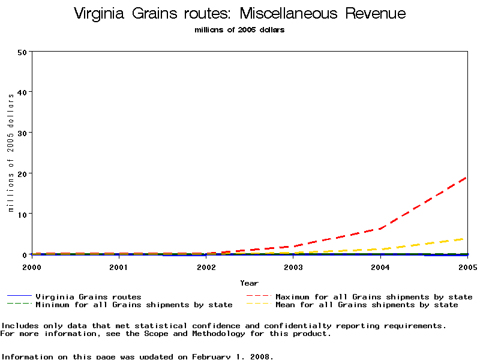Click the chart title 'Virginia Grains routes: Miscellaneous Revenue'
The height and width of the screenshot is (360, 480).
coord(239,14)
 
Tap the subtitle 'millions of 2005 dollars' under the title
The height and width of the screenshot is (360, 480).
coord(239,30)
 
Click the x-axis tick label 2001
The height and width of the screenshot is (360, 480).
coord(119,267)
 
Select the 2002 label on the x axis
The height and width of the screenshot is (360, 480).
coord(206,267)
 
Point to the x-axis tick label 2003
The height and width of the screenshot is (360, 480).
coord(293,267)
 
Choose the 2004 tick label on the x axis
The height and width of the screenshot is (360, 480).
coord(380,267)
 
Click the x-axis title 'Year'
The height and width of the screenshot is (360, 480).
coord(249,283)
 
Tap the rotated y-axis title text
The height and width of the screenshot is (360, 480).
coord(11,153)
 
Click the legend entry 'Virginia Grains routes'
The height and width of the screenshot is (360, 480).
coord(88,297)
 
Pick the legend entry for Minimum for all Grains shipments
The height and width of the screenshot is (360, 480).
coord(133,305)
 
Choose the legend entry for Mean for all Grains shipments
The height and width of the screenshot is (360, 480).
coord(366,305)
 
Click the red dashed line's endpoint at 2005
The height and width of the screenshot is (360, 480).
coord(467,177)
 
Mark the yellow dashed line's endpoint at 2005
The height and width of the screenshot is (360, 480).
coord(467,238)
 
